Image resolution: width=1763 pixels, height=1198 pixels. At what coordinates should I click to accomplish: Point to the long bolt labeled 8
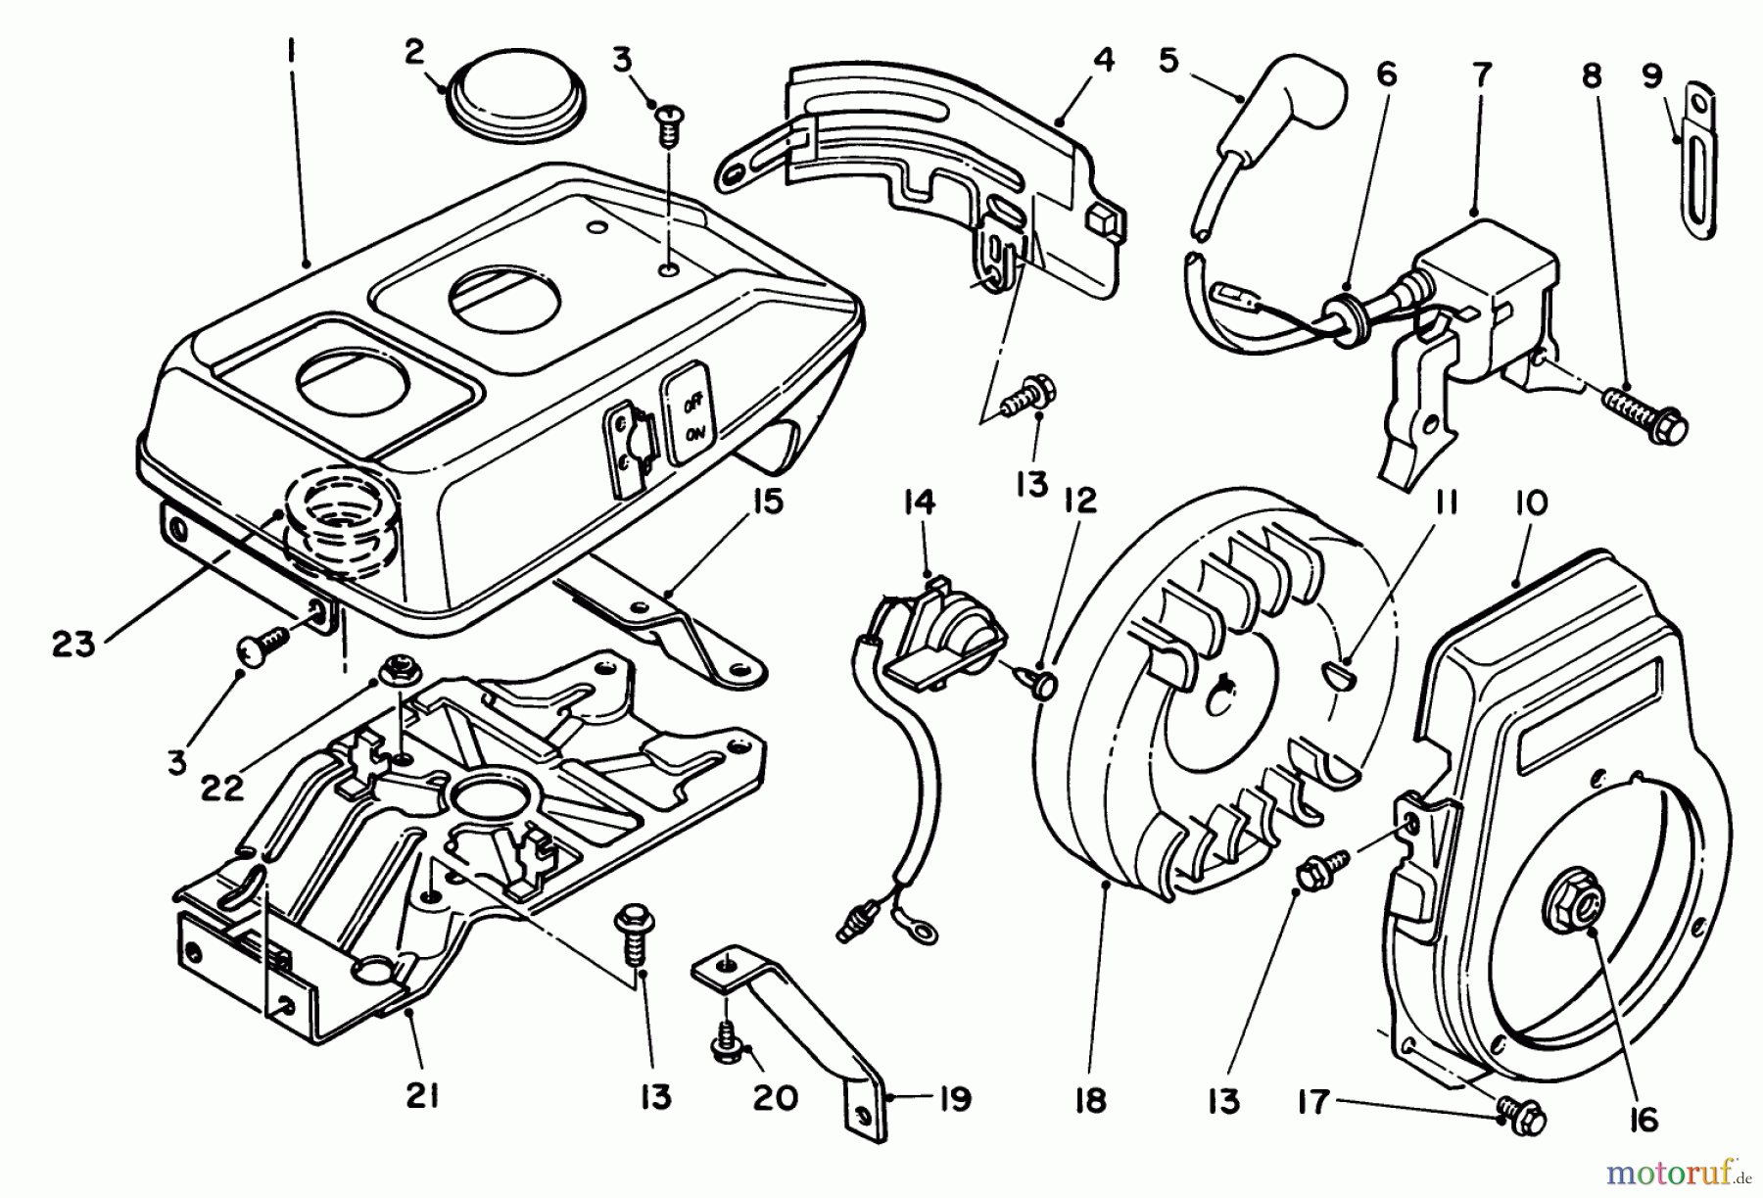coord(1645,411)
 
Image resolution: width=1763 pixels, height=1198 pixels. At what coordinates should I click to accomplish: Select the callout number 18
coord(1089,1099)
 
